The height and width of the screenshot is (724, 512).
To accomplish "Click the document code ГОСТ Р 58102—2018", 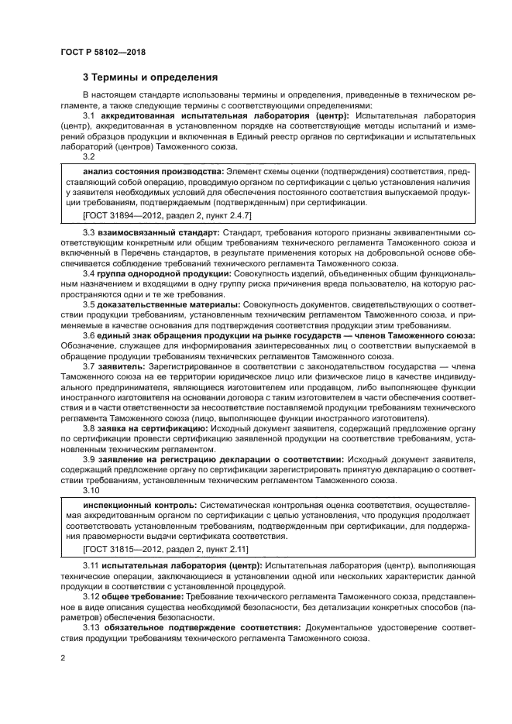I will (103, 52).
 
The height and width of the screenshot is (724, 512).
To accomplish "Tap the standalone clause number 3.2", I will (89, 156).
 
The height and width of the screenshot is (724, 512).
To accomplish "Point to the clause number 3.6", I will (89, 335).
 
